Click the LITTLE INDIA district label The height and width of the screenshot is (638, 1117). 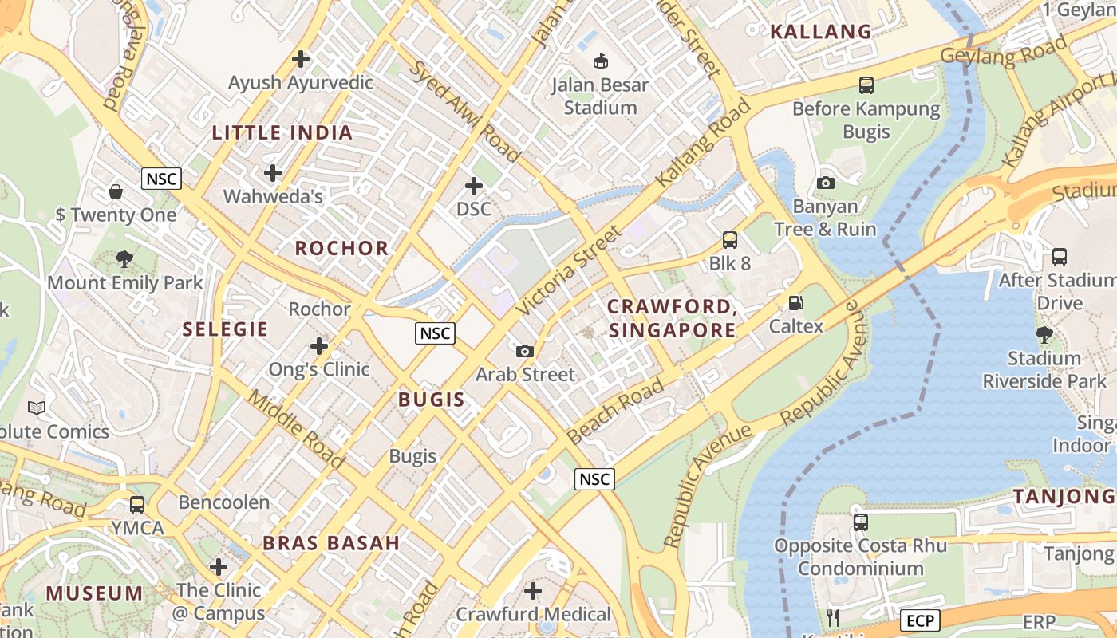pyautogui.click(x=282, y=133)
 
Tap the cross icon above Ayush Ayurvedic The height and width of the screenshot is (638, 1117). pyautogui.click(x=301, y=59)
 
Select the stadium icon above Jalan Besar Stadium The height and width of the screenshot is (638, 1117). pyautogui.click(x=601, y=61)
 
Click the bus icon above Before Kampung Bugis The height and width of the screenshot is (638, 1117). pyautogui.click(x=866, y=85)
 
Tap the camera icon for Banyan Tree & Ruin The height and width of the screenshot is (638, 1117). pyautogui.click(x=826, y=183)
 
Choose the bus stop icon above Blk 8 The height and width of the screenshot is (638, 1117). pyautogui.click(x=729, y=239)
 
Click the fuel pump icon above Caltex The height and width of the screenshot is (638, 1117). pyautogui.click(x=795, y=302)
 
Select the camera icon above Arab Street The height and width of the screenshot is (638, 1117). pyautogui.click(x=525, y=351)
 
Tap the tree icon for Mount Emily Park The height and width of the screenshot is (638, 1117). pyautogui.click(x=124, y=259)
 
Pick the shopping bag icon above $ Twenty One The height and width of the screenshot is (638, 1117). pyautogui.click(x=116, y=191)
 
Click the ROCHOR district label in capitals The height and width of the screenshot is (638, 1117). pyautogui.click(x=341, y=248)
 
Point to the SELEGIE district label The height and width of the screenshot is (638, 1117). pyautogui.click(x=225, y=329)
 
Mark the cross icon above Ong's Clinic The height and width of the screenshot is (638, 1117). pyautogui.click(x=319, y=346)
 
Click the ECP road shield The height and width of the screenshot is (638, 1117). pyautogui.click(x=920, y=620)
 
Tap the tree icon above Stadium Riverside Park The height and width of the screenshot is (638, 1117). pyautogui.click(x=1044, y=335)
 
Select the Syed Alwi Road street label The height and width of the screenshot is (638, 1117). pyautogui.click(x=464, y=108)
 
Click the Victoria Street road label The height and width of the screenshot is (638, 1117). pyautogui.click(x=568, y=270)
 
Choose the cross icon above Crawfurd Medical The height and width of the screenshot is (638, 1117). pyautogui.click(x=533, y=591)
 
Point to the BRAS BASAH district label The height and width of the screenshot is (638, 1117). pyautogui.click(x=331, y=544)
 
